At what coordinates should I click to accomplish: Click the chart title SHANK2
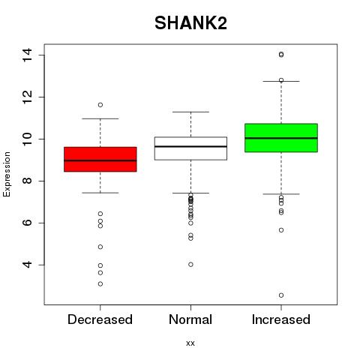[x=190, y=23]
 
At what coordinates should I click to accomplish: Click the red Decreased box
[x=100, y=159]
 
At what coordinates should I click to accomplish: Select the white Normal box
[x=190, y=148]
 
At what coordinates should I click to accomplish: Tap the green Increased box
[x=281, y=138]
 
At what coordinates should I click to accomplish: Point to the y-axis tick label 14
[x=27, y=55]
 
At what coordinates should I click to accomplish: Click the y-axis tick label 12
[x=27, y=97]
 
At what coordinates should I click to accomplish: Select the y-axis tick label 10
[x=27, y=139]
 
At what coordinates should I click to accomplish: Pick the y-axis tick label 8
[x=27, y=181]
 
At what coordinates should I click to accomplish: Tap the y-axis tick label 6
[x=27, y=223]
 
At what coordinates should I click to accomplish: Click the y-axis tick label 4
[x=27, y=265]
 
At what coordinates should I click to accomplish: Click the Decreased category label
[x=100, y=319]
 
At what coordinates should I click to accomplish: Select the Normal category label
[x=190, y=319]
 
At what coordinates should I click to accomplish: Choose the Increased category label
[x=281, y=319]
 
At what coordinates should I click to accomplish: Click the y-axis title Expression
[x=7, y=174]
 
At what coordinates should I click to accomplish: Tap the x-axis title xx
[x=190, y=343]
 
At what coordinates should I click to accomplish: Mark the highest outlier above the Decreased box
[x=100, y=105]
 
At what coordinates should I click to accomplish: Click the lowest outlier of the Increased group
[x=281, y=295]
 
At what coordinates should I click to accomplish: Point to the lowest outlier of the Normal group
[x=190, y=265]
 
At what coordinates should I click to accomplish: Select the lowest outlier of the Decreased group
[x=100, y=284]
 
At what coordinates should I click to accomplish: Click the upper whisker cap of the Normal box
[x=190, y=112]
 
